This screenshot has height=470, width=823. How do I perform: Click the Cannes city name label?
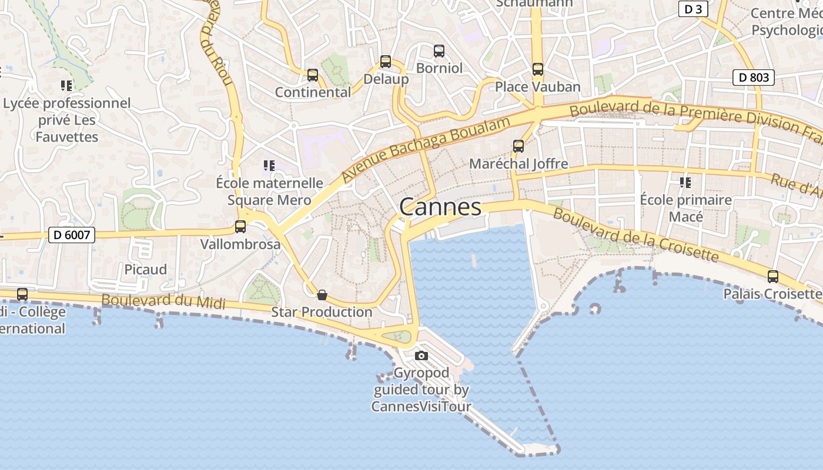[x=440, y=207]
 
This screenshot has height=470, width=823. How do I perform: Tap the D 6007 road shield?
[x=71, y=236]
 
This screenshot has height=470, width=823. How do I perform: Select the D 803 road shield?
[x=753, y=77]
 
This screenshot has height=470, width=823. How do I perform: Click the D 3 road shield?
[x=693, y=9]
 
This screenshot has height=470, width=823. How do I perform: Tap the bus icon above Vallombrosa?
[x=240, y=226]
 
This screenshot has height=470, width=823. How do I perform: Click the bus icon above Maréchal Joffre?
[x=518, y=146]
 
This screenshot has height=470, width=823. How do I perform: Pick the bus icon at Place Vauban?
[x=537, y=69]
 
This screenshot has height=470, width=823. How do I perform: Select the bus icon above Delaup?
[x=385, y=61]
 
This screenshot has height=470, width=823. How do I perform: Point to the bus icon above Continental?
[x=312, y=75]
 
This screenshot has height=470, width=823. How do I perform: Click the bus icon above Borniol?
[x=439, y=51]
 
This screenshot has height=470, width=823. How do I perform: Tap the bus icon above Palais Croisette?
[x=772, y=276]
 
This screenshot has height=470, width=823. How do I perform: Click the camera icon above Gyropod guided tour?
[x=421, y=355]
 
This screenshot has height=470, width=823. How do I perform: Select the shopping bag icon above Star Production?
[x=322, y=294]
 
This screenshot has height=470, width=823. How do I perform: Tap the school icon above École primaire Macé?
[x=685, y=182]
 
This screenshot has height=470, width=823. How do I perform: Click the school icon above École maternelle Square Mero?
[x=269, y=166]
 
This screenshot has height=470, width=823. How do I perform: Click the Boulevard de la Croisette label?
[x=635, y=235]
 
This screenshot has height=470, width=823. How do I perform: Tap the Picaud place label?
[x=145, y=270]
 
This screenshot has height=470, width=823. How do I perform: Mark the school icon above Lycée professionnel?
[x=66, y=86]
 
